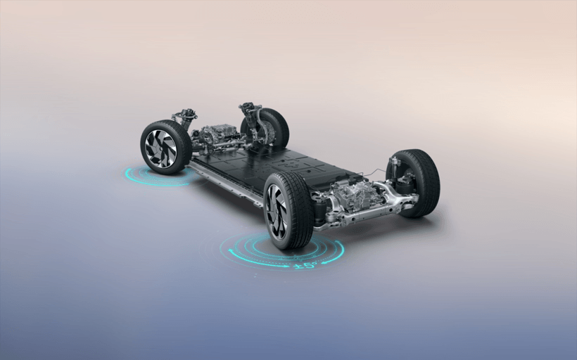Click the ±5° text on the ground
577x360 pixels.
click(x=305, y=265)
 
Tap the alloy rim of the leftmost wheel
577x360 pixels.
click(x=161, y=148)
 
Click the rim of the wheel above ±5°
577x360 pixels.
click(x=277, y=211)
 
